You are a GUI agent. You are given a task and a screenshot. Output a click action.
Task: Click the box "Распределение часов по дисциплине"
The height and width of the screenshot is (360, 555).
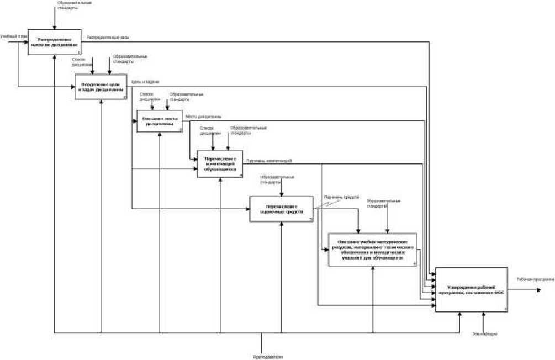tap(55, 42)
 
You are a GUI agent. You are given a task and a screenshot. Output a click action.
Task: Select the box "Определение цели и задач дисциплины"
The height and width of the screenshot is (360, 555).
tap(101, 87)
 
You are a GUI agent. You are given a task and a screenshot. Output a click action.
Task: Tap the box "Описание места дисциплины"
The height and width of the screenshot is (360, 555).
tap(160, 121)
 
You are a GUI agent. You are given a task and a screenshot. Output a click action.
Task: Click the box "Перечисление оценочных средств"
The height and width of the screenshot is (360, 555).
tap(281, 209)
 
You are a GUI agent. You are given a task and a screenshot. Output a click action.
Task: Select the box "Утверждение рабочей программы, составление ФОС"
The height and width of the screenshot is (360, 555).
tap(471, 290)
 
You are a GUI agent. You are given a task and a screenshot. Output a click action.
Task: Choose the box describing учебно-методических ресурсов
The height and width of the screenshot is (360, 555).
tap(373, 250)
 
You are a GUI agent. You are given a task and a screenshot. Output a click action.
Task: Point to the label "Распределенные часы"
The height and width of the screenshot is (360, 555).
tap(108, 38)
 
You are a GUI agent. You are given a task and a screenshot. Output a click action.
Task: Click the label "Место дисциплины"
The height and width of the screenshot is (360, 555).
tap(204, 116)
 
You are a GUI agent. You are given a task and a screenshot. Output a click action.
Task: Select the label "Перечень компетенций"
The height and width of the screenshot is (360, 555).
tap(269, 161)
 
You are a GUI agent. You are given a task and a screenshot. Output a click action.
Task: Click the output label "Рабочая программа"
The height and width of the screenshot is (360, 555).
tap(535, 279)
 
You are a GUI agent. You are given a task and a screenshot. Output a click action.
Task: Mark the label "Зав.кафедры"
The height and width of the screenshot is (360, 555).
tap(484, 333)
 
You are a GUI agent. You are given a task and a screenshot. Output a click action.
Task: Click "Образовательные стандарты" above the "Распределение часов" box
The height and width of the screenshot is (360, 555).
tap(71, 6)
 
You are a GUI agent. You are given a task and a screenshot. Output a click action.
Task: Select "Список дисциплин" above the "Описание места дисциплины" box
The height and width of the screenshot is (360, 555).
tap(146, 96)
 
